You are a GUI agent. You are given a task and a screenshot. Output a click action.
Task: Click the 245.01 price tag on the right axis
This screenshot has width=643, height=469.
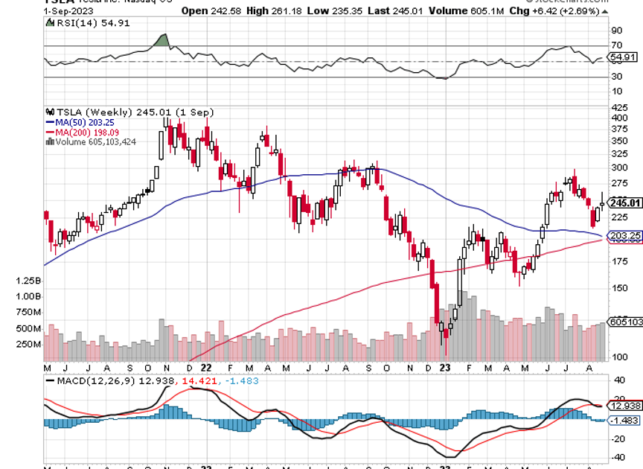pos(625,202)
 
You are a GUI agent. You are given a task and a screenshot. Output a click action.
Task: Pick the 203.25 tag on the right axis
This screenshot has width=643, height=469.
pos(625,236)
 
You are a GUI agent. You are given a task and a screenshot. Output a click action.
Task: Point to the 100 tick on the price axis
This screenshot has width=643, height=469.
pos(618,357)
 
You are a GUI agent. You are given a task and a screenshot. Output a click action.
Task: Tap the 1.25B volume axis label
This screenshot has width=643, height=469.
pos(28,281)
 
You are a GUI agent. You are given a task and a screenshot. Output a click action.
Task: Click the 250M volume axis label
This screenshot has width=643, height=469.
pos(28,345)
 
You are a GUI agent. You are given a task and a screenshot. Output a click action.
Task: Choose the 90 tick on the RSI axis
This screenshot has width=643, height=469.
pos(616,31)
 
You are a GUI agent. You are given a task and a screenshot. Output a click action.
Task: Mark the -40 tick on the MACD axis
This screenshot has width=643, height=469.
pos(617,458)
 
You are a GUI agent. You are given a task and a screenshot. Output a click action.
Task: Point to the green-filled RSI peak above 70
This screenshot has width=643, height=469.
pos(160,40)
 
